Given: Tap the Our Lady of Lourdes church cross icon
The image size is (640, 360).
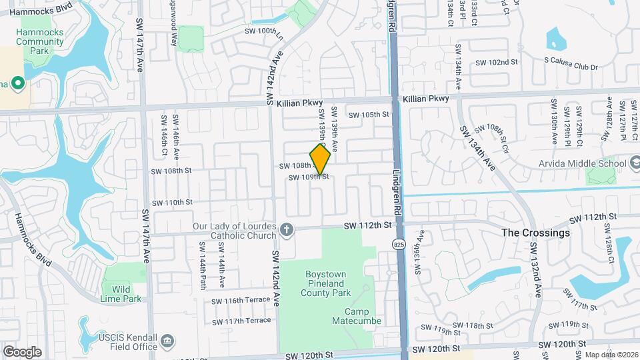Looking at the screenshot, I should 287,230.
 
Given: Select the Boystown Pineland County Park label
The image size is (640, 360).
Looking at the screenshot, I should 327,283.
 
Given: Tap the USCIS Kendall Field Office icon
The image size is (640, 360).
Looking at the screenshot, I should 168,342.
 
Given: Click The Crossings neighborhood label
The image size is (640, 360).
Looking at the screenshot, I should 535,233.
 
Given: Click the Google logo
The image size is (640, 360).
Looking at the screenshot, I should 22,351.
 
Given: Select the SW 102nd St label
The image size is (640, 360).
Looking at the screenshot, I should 497,62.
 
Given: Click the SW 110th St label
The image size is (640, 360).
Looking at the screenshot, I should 172,202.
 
